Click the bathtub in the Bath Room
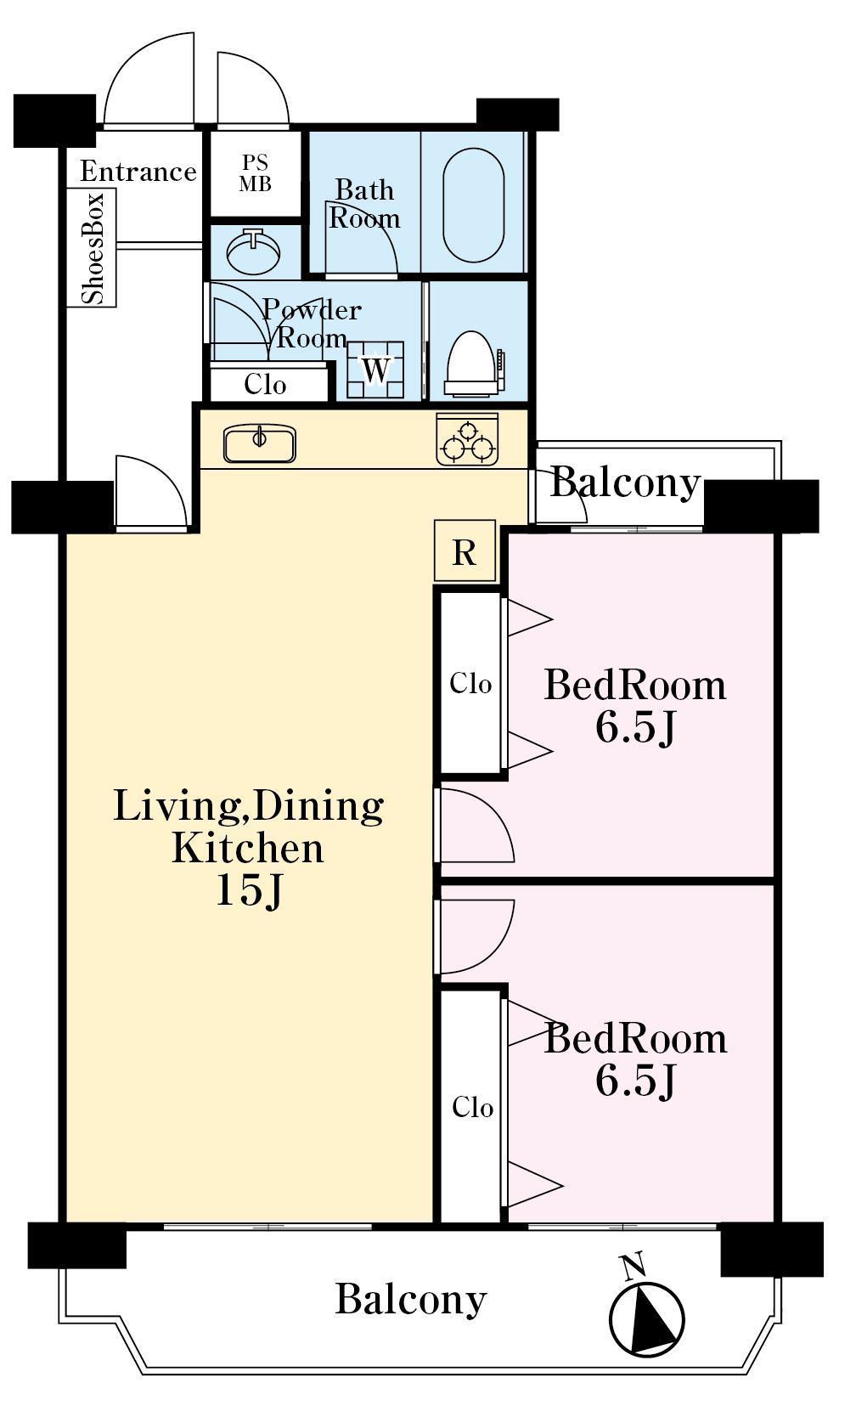(474, 205)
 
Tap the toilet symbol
(474, 364)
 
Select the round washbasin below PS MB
(254, 251)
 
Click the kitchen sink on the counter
(259, 443)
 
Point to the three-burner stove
(467, 440)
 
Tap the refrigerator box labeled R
(465, 551)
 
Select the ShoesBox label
(93, 249)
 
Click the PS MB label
(256, 172)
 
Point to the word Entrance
(138, 172)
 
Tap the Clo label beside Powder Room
(266, 384)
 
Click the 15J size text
(248, 890)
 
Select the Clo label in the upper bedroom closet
(470, 683)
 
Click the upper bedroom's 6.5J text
(635, 728)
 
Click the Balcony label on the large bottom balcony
(411, 1300)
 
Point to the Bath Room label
(364, 204)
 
